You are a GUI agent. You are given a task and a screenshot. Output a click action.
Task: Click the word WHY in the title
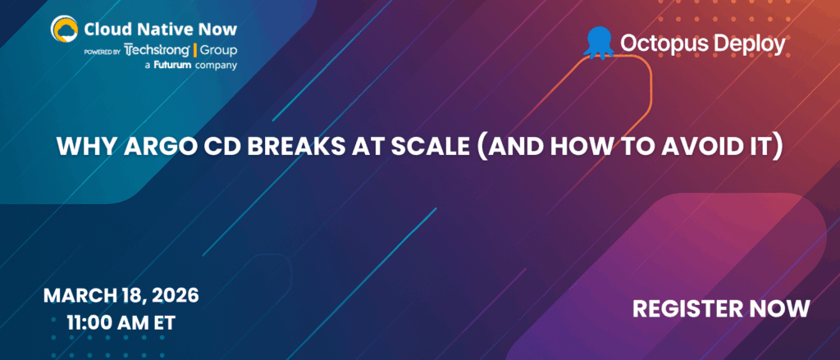(x=80, y=148)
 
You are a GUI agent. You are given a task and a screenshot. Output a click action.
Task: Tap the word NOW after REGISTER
(x=783, y=308)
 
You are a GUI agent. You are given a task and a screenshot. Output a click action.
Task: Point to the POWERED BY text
(x=103, y=51)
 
